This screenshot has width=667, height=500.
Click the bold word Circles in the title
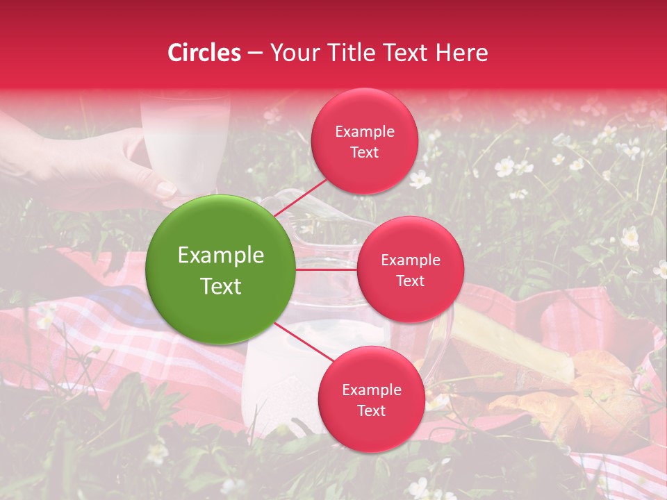(x=204, y=53)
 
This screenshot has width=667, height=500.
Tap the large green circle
(x=220, y=269)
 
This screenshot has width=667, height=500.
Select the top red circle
(x=364, y=141)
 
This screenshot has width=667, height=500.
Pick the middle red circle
(x=410, y=269)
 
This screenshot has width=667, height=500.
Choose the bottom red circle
(x=371, y=399)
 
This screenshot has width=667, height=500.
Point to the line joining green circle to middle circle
(x=326, y=269)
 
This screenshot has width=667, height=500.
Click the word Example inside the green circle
(x=220, y=255)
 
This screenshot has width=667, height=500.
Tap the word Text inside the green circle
(x=220, y=286)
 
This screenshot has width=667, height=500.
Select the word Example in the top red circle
(x=364, y=131)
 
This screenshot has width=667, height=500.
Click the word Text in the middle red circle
(x=410, y=281)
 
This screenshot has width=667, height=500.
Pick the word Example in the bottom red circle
(x=371, y=390)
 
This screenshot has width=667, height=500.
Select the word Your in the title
(x=292, y=53)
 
